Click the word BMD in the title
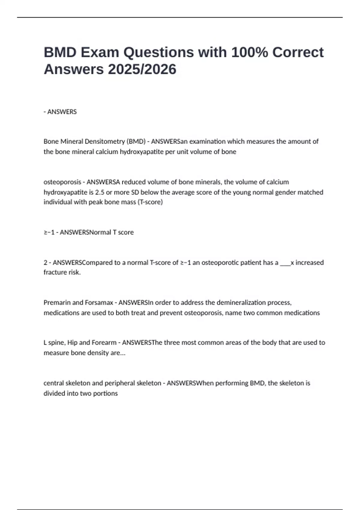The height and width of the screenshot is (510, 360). click(60, 52)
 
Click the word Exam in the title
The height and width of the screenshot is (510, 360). click(99, 52)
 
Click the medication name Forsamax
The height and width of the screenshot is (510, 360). click(99, 302)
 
